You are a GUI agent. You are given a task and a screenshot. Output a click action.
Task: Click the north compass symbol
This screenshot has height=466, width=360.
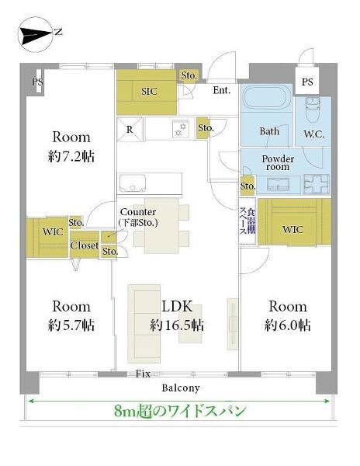[x=35, y=35]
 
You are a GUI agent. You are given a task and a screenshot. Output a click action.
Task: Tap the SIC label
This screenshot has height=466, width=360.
[x=149, y=91]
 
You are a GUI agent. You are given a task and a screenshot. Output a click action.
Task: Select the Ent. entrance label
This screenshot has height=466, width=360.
[x=222, y=90]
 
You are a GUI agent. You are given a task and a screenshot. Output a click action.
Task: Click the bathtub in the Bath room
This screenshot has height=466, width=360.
[x=267, y=98]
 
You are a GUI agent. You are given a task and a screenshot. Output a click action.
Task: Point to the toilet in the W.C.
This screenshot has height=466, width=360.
[x=313, y=110]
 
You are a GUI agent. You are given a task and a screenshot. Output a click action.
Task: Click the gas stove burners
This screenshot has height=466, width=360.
[x=181, y=129]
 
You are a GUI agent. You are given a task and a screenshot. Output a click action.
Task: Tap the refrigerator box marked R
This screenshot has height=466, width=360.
[x=130, y=129]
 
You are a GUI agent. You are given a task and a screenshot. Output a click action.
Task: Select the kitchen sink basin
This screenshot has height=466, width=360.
[x=133, y=183]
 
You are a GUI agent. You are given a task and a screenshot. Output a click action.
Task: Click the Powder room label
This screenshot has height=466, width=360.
[x=278, y=162]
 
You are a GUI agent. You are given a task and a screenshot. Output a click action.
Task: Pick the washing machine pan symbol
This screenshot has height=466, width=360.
[x=317, y=184]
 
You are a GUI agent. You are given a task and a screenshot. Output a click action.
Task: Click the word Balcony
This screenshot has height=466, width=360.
[x=181, y=388]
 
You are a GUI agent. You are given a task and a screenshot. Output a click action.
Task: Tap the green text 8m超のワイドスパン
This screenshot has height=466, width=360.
[x=180, y=411]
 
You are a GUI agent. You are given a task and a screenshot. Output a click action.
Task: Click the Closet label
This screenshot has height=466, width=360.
[x=85, y=245]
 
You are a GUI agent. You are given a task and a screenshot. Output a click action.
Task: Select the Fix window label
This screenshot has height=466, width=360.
[x=143, y=374]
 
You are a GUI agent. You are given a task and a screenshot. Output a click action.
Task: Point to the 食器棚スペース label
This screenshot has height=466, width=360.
[x=247, y=221]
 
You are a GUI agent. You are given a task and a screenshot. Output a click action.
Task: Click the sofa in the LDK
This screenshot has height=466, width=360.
[x=144, y=324]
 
